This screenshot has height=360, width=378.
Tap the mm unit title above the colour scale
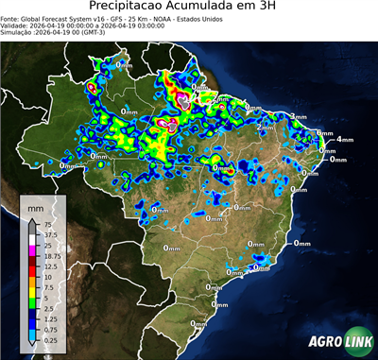[x=36, y=206]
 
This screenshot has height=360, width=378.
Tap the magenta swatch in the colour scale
[x=33, y=250]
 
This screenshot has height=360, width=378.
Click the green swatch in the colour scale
[x=33, y=301]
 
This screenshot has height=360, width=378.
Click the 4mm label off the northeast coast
[x=346, y=139]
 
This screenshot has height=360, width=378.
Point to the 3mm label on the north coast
[x=299, y=115]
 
